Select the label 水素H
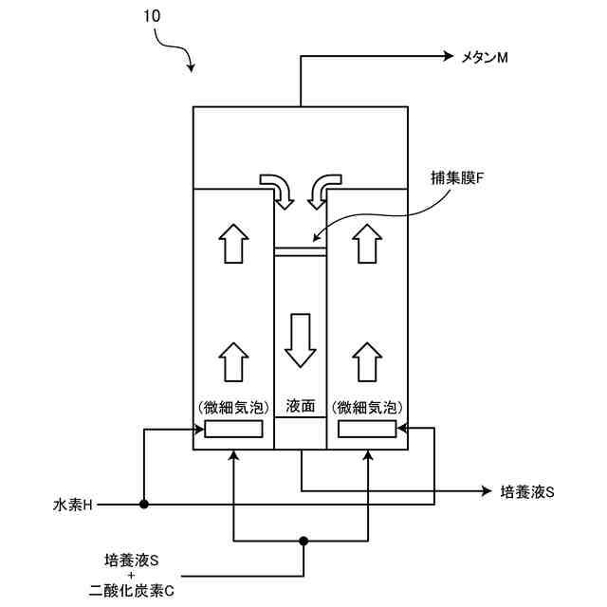coord(73,505)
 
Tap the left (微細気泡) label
coord(233,406)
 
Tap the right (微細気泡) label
coord(366,406)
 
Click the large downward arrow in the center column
coord(301,340)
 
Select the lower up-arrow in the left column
coord(232,360)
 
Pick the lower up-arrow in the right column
coord(366,360)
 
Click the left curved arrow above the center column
coord(279,190)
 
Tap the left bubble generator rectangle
coord(234,430)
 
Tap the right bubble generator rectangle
coord(366,430)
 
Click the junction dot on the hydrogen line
coord(143,505)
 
